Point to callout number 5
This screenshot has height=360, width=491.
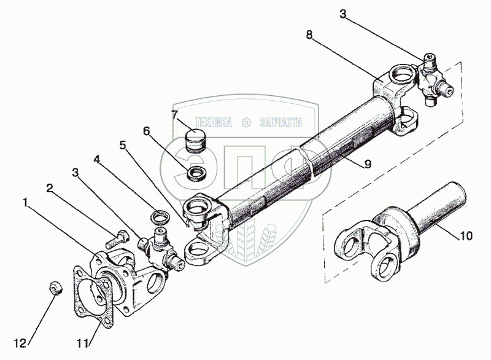[x=123, y=146]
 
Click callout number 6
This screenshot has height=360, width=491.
[x=146, y=131]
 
